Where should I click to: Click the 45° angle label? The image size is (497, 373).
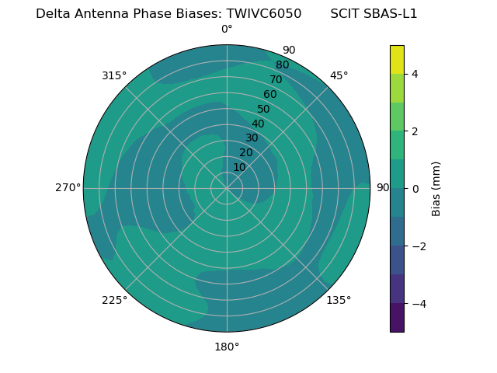(339, 75)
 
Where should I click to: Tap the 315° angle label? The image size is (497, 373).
(114, 75)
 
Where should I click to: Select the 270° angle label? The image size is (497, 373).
(68, 187)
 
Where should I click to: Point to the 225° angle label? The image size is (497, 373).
(114, 300)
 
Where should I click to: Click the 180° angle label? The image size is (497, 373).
(227, 347)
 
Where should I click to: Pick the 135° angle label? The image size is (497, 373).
(339, 300)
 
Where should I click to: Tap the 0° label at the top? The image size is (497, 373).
(227, 29)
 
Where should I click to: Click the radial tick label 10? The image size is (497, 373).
(239, 167)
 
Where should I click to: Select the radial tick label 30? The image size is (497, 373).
(252, 138)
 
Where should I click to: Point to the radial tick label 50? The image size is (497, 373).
(264, 110)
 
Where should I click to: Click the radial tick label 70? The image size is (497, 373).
(276, 80)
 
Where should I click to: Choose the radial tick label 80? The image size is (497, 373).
(282, 65)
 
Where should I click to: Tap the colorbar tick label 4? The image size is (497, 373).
(415, 74)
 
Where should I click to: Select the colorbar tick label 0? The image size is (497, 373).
(415, 189)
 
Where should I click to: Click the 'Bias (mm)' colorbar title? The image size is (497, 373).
(436, 188)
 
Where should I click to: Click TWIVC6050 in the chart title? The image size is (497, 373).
(264, 13)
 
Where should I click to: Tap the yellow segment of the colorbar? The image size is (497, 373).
(397, 59)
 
